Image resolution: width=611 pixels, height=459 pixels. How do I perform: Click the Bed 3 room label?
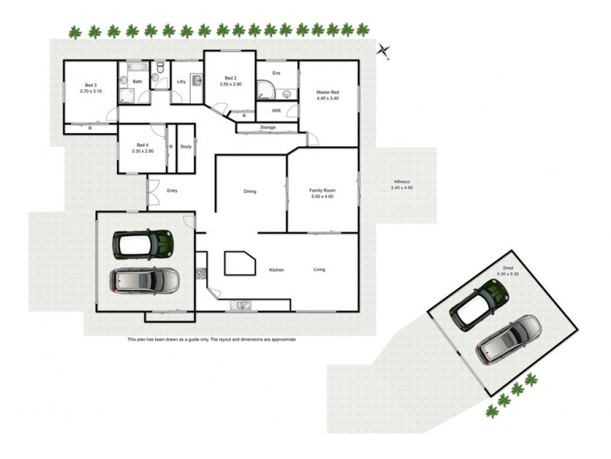pyautogui.click(x=90, y=85)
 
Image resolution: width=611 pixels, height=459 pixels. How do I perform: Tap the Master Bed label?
pyautogui.click(x=327, y=93)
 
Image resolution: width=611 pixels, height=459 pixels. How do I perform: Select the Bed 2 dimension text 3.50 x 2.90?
pyautogui.click(x=230, y=84)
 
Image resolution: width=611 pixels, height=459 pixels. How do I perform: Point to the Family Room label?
pyautogui.click(x=322, y=190)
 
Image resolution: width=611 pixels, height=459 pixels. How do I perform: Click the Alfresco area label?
pyautogui.click(x=401, y=182)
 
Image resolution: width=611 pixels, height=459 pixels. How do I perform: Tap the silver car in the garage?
pyautogui.click(x=145, y=280)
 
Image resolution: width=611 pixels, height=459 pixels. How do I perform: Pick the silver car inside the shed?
pyautogui.click(x=509, y=339)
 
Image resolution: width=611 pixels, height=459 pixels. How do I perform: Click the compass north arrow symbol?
pyautogui.click(x=384, y=50)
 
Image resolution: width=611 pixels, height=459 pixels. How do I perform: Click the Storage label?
pyautogui.click(x=267, y=127)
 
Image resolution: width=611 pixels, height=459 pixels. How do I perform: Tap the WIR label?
pyautogui.click(x=276, y=110)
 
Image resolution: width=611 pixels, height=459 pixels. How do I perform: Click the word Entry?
pyautogui.click(x=171, y=190)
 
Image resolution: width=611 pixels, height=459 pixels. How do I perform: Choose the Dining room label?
pyautogui.click(x=250, y=190)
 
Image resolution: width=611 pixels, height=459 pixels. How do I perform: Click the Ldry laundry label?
pyautogui.click(x=181, y=81)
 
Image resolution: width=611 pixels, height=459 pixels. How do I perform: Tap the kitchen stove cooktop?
pyautogui.click(x=202, y=273)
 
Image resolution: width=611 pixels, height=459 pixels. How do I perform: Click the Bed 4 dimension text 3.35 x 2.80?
pyautogui.click(x=143, y=151)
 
